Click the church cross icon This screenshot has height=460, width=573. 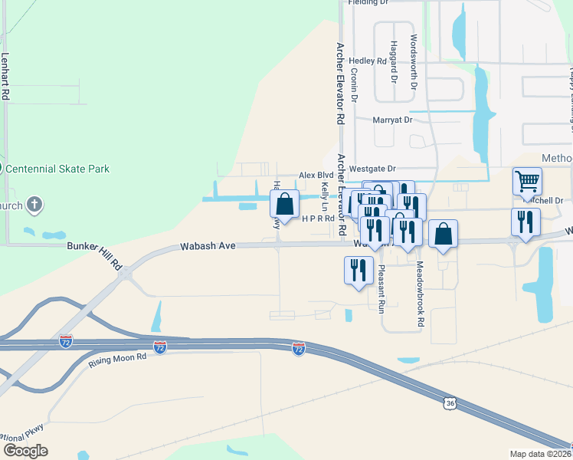(34, 205)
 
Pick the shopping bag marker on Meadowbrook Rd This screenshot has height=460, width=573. (443, 234)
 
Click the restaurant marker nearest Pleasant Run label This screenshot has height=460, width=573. (359, 271)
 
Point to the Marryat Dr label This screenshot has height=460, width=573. (392, 120)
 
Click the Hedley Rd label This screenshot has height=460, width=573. (367, 61)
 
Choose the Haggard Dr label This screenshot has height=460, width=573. (394, 61)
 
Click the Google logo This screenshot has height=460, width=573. (26, 451)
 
